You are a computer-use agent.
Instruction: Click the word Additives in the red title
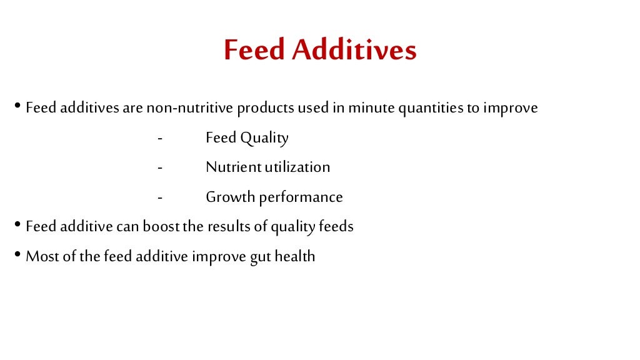(354, 51)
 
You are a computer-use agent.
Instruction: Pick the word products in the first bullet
(265, 109)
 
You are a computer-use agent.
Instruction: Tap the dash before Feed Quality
(160, 138)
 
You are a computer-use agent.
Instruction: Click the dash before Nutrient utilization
(160, 167)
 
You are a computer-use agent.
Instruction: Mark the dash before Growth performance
(160, 197)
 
